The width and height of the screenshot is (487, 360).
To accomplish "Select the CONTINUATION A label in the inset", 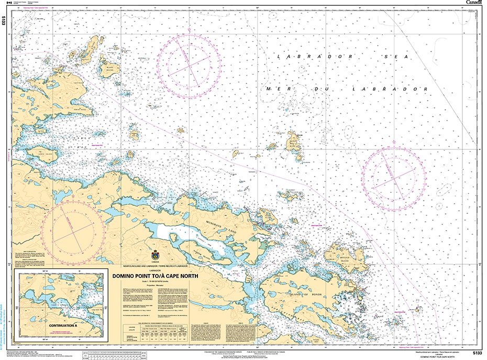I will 62,325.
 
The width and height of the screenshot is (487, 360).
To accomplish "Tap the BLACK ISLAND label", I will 110,68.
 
